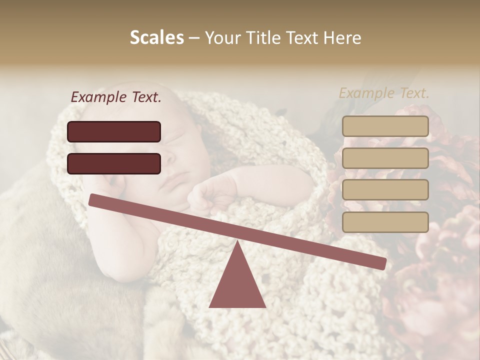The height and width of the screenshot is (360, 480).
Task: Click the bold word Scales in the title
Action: pyautogui.click(x=157, y=37)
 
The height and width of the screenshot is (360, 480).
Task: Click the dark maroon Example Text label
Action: pyautogui.click(x=116, y=97)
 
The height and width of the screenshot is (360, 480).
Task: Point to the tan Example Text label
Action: pyautogui.click(x=384, y=93)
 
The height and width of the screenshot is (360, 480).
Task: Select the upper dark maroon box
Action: pyautogui.click(x=114, y=131)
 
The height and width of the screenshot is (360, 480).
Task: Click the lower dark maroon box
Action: pyautogui.click(x=114, y=163)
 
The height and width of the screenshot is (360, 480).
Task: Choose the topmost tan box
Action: pyautogui.click(x=385, y=126)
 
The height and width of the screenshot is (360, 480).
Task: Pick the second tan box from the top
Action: pyautogui.click(x=385, y=158)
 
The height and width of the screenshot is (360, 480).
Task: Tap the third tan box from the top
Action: pyautogui.click(x=385, y=189)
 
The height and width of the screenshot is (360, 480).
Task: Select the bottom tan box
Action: pyautogui.click(x=385, y=222)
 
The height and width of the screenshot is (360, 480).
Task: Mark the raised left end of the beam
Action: pyautogui.click(x=93, y=199)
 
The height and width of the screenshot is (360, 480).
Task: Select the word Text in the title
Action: pyautogui.click(x=302, y=37)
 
